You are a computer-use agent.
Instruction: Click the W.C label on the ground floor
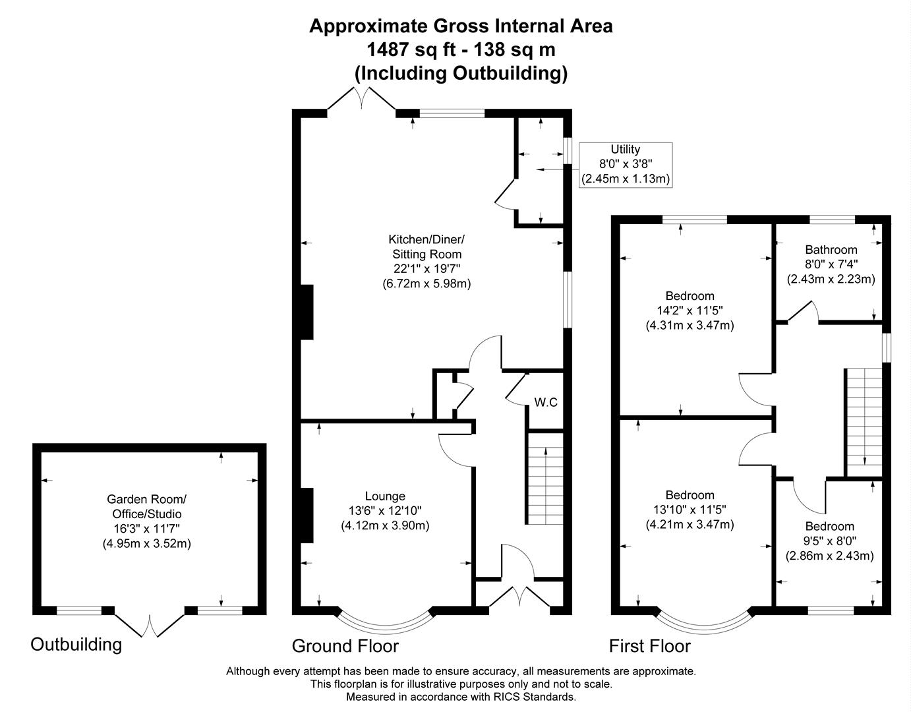pyautogui.click(x=545, y=402)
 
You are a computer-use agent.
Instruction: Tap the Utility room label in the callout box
pyautogui.click(x=625, y=150)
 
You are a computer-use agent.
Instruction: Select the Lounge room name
pyautogui.click(x=385, y=496)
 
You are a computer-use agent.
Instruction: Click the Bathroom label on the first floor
pyautogui.click(x=831, y=250)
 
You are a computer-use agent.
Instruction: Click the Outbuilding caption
pyautogui.click(x=76, y=644)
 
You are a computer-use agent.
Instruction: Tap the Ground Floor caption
pyautogui.click(x=345, y=645)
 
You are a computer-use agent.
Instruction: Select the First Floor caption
pyautogui.click(x=649, y=646)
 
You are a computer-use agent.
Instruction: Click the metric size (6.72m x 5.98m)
pyautogui.click(x=426, y=283)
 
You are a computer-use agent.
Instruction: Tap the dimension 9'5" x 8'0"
pyautogui.click(x=829, y=541)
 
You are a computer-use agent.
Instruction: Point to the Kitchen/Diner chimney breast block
pyautogui.click(x=307, y=312)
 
